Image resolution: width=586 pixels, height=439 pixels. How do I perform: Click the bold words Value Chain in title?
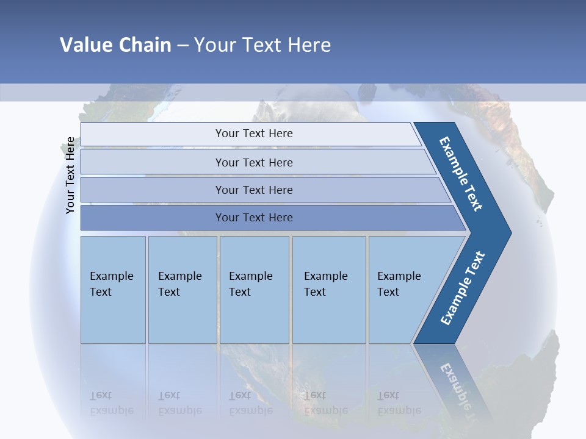click(115, 45)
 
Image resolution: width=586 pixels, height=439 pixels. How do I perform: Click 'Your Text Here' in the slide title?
click(262, 45)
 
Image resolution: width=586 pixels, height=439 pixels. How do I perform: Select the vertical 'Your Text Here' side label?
click(70, 175)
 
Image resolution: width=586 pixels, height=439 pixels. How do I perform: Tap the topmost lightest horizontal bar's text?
click(254, 134)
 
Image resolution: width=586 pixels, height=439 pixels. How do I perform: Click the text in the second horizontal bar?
click(254, 163)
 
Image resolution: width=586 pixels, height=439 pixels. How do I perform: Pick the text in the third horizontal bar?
click(254, 190)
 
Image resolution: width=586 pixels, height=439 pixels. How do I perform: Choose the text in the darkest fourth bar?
click(254, 218)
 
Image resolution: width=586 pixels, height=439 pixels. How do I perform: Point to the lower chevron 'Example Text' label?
click(463, 288)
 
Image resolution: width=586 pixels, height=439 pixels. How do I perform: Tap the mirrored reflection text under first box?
click(112, 402)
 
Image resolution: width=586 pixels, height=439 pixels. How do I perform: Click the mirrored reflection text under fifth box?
click(399, 402)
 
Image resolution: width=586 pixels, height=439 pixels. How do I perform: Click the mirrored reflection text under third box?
click(251, 402)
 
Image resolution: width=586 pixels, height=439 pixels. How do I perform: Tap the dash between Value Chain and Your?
click(183, 45)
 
